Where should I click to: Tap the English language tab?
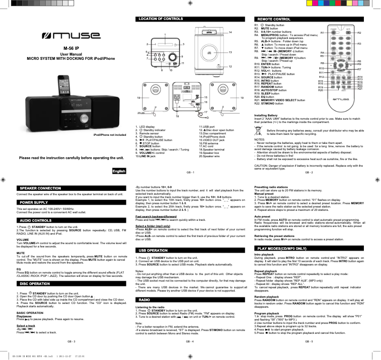click(119, 158)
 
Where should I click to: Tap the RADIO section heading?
click(144, 300)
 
